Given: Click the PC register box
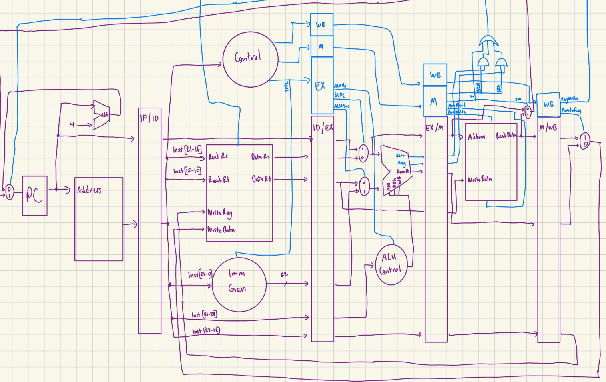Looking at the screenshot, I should [34, 196].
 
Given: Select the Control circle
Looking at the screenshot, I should [250, 59].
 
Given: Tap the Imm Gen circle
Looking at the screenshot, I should [239, 284].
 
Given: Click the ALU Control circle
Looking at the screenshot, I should [391, 264].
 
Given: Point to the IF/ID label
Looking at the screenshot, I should [149, 118].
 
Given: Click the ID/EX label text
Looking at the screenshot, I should [322, 128].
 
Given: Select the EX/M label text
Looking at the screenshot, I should [434, 128].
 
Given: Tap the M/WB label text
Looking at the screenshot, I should [547, 128].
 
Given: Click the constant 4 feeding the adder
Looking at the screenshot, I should [72, 125].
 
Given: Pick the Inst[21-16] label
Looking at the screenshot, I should [187, 150].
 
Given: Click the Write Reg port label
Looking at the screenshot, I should [220, 213].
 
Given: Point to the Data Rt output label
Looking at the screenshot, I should [261, 179].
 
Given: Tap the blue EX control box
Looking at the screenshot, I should [322, 86].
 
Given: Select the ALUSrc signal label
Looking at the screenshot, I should [342, 106].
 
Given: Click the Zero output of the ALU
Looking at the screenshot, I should [400, 155].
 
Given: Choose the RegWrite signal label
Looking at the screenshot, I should [570, 99].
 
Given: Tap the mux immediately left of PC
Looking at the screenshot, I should [9, 192].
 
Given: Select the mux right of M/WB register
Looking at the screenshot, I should [584, 141].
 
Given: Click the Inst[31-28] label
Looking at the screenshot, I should [204, 314].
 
